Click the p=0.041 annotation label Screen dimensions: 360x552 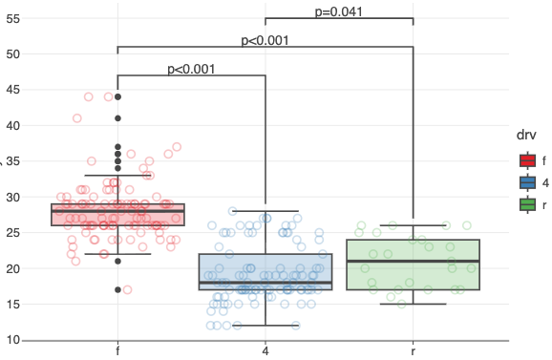point(338,11)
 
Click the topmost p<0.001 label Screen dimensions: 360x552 point(265,40)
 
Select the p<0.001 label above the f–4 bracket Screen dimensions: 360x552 point(191,69)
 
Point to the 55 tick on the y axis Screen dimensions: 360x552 point(12,18)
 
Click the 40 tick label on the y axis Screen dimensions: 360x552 point(12,125)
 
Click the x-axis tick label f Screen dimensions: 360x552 point(117,352)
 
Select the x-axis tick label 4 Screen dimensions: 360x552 point(265,352)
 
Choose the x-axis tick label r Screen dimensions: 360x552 point(413,352)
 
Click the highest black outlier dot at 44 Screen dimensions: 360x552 point(117,96)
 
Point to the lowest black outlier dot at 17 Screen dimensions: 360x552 point(117,289)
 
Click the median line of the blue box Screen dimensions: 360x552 point(265,283)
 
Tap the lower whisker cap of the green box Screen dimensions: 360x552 point(413,304)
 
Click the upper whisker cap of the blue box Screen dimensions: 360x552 point(265,211)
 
